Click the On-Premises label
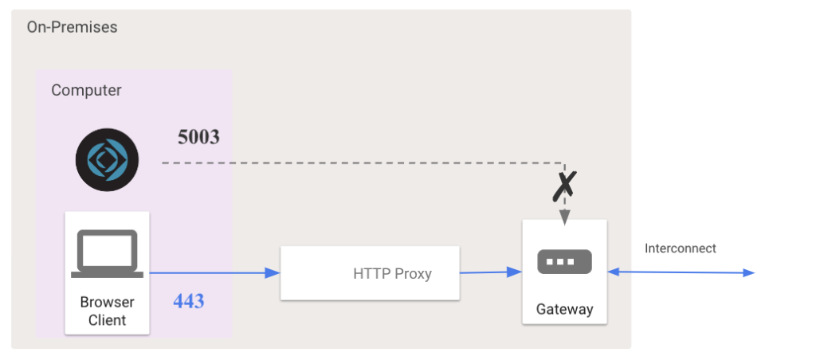point(73,27)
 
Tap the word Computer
point(86,91)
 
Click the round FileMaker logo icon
point(108,160)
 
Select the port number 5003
point(198,137)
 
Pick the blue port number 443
point(188,301)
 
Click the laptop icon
point(108,253)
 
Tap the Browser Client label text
point(108,311)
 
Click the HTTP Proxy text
point(392,274)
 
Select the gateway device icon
point(565,262)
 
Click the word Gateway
point(565,310)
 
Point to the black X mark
point(565,186)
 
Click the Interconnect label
point(681,248)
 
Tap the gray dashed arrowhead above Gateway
point(565,218)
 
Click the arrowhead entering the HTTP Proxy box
point(273,272)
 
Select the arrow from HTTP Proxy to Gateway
point(491,272)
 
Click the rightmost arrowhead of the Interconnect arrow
point(748,272)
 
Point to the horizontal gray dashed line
point(363,163)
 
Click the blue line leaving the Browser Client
point(214,272)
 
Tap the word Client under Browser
point(108,320)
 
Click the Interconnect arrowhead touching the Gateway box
point(614,272)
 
